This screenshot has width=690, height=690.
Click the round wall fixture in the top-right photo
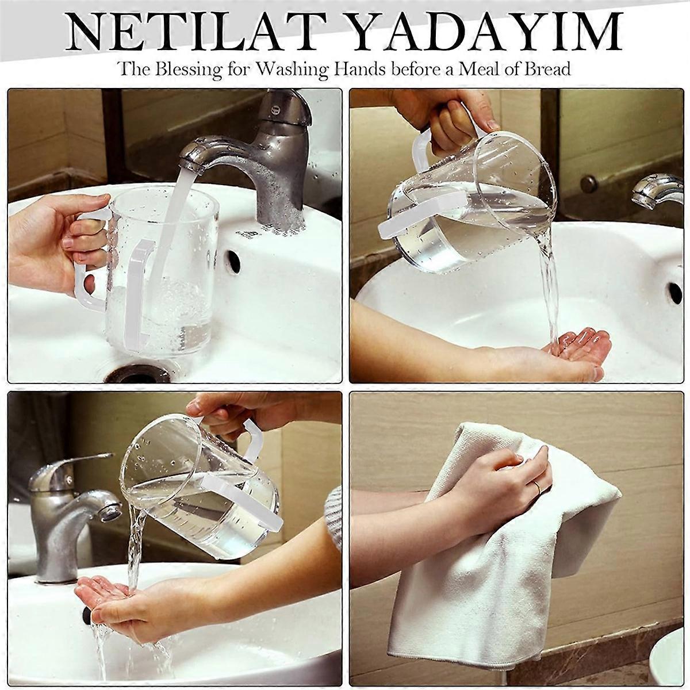coord(588,184)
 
